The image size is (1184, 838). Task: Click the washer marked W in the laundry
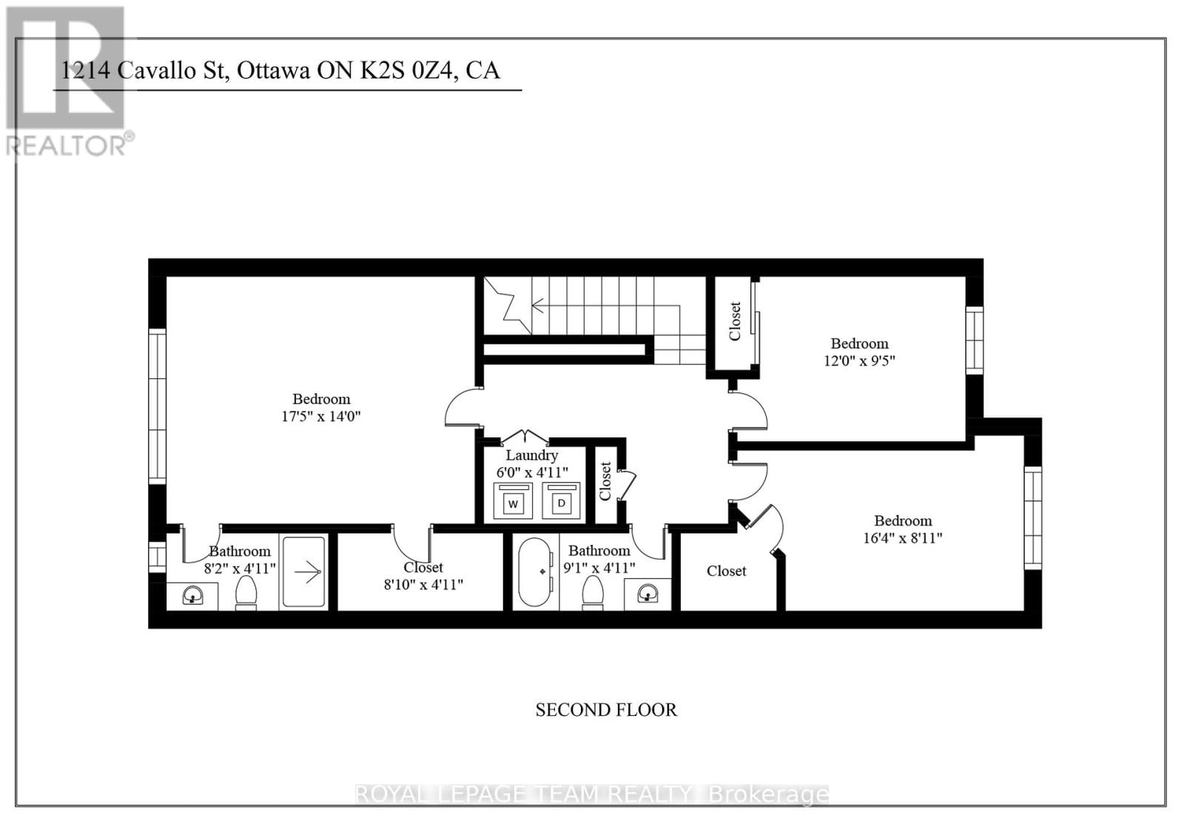click(514, 503)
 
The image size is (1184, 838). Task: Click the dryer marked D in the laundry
click(562, 502)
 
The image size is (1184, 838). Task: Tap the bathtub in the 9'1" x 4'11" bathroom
click(535, 572)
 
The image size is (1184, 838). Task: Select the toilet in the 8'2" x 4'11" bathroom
click(246, 592)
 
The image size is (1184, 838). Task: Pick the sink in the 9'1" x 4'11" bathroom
click(648, 593)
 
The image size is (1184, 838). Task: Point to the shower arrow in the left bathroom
click(306, 571)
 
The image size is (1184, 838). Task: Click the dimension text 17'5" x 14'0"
click(320, 416)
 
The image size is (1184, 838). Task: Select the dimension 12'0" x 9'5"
click(859, 361)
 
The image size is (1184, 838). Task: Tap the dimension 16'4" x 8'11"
click(902, 538)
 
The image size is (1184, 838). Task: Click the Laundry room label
click(531, 455)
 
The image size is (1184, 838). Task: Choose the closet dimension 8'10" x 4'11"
click(423, 584)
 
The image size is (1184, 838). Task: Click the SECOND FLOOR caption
click(606, 709)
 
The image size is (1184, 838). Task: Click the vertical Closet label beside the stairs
click(735, 321)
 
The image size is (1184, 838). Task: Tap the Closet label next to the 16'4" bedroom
click(726, 571)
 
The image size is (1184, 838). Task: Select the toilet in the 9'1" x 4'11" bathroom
click(593, 592)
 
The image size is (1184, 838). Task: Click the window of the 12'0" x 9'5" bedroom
click(974, 340)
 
